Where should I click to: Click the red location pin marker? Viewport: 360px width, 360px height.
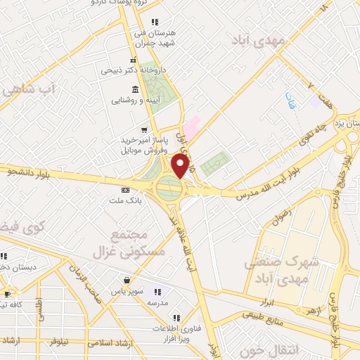pos(181,166)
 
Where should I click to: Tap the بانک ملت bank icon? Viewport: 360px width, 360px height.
pos(126,190)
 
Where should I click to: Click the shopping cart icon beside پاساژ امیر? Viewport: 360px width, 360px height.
pos(145,129)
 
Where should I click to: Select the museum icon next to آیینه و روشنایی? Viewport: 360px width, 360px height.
pos(134,89)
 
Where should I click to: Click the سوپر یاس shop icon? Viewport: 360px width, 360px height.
pos(126,279)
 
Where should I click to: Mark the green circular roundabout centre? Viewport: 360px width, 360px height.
pos(169,188)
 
